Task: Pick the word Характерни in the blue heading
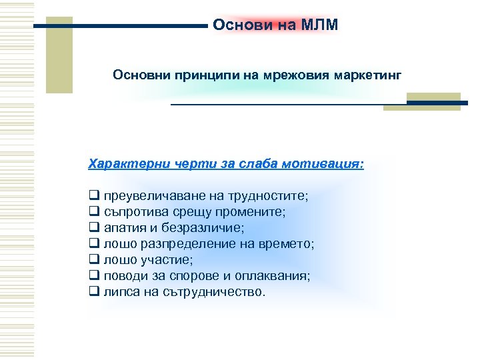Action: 127,163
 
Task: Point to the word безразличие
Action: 206,228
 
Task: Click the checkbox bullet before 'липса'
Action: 93,292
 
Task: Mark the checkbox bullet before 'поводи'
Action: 93,276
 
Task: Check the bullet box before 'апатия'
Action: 93,228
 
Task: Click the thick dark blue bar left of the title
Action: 120,26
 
